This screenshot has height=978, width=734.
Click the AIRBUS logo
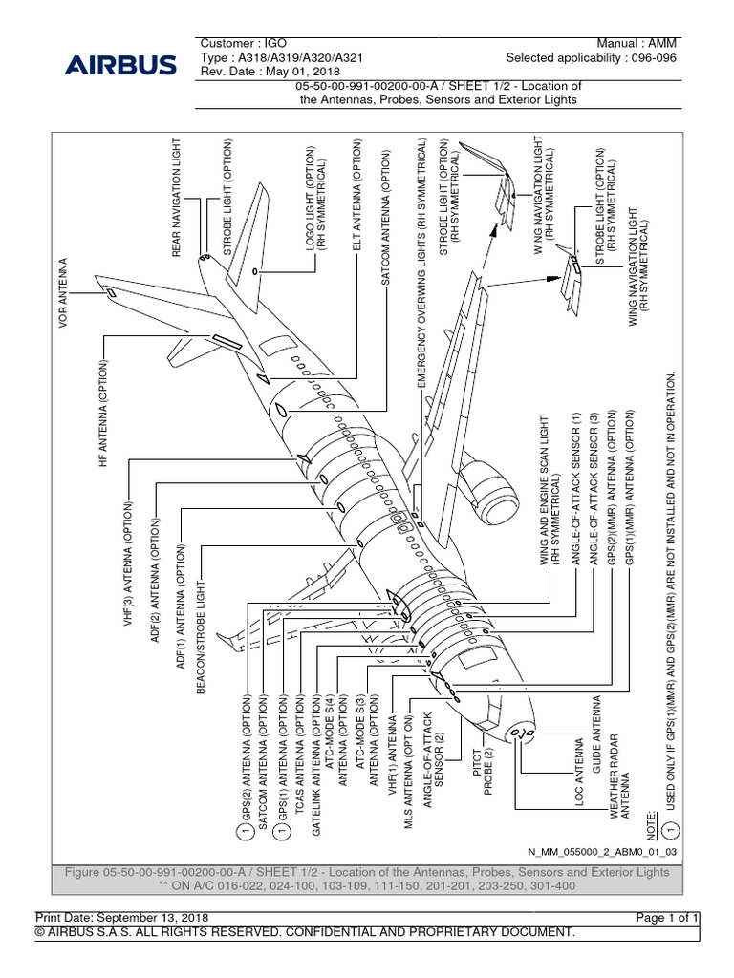[x=120, y=66]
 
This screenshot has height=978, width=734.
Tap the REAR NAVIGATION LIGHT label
[x=176, y=202]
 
